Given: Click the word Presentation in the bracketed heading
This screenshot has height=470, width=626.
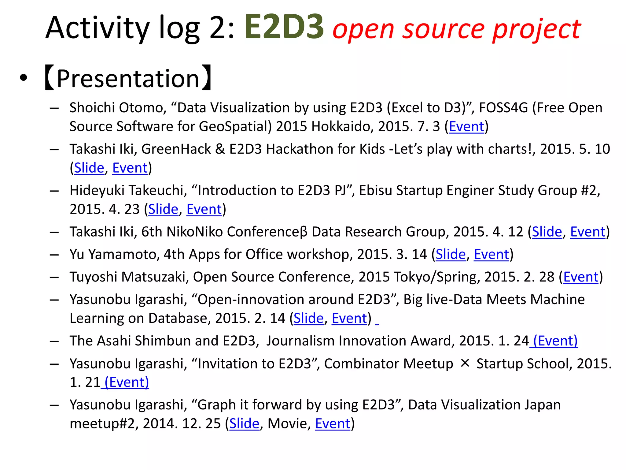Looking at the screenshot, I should (128, 79).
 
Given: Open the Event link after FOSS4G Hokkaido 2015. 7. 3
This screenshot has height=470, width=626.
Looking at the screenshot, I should (466, 126).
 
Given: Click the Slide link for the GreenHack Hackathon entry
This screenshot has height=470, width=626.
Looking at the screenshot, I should (89, 168).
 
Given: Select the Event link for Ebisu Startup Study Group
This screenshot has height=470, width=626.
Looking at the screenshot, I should (204, 209).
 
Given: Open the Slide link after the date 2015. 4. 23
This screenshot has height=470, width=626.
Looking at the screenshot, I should (163, 209).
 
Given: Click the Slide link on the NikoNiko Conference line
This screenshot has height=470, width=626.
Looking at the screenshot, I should (547, 232).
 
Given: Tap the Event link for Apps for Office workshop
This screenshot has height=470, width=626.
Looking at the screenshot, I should (491, 254).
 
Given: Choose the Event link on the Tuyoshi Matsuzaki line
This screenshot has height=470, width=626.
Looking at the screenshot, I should (580, 277).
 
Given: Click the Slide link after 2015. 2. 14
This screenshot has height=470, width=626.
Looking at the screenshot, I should (308, 318).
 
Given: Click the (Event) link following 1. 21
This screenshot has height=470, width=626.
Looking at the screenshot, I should (127, 382).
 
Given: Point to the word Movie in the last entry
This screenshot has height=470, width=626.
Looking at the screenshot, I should (287, 423).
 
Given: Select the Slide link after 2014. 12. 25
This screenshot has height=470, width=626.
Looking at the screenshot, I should (244, 423).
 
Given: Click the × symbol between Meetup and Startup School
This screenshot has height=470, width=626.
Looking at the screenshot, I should (465, 364).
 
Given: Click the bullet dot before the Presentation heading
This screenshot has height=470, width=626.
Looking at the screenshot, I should (23, 79).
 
